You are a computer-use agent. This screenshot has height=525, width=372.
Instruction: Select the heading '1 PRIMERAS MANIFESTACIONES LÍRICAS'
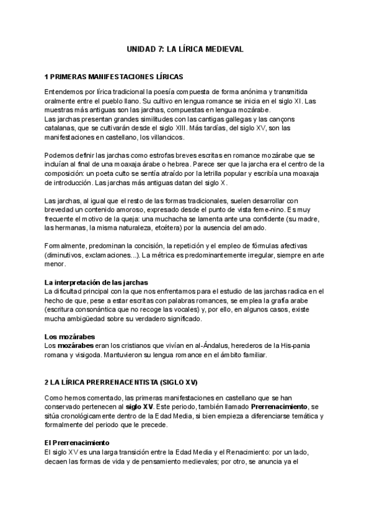[x=113, y=77]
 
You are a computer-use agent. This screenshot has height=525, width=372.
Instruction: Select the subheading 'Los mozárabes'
[x=69, y=337]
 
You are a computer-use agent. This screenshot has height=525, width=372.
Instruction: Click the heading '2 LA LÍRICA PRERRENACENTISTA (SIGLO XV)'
[x=121, y=383]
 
